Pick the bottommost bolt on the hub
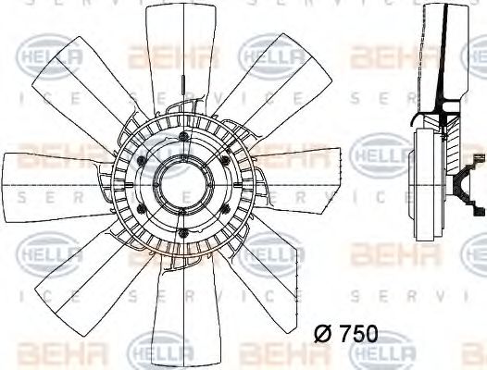pos(184,231)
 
